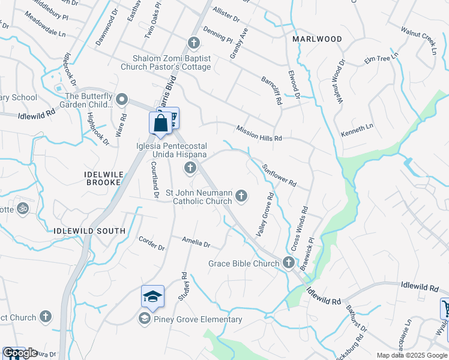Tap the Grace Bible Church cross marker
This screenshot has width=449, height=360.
[x=289, y=263]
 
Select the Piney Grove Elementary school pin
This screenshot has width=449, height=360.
[x=152, y=297]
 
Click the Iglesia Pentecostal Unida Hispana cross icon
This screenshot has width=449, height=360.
[x=190, y=167]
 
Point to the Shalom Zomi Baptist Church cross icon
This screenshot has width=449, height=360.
[x=193, y=43]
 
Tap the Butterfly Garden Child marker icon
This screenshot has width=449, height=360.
[x=122, y=99]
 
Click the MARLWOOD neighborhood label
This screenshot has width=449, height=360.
[x=317, y=39]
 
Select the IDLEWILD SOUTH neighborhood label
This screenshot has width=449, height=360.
[x=89, y=231]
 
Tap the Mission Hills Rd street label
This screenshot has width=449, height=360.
[x=259, y=134]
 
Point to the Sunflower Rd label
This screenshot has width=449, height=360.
[x=279, y=172]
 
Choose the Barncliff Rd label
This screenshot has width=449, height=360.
[x=271, y=91]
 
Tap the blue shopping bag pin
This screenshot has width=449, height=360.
[x=160, y=124]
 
